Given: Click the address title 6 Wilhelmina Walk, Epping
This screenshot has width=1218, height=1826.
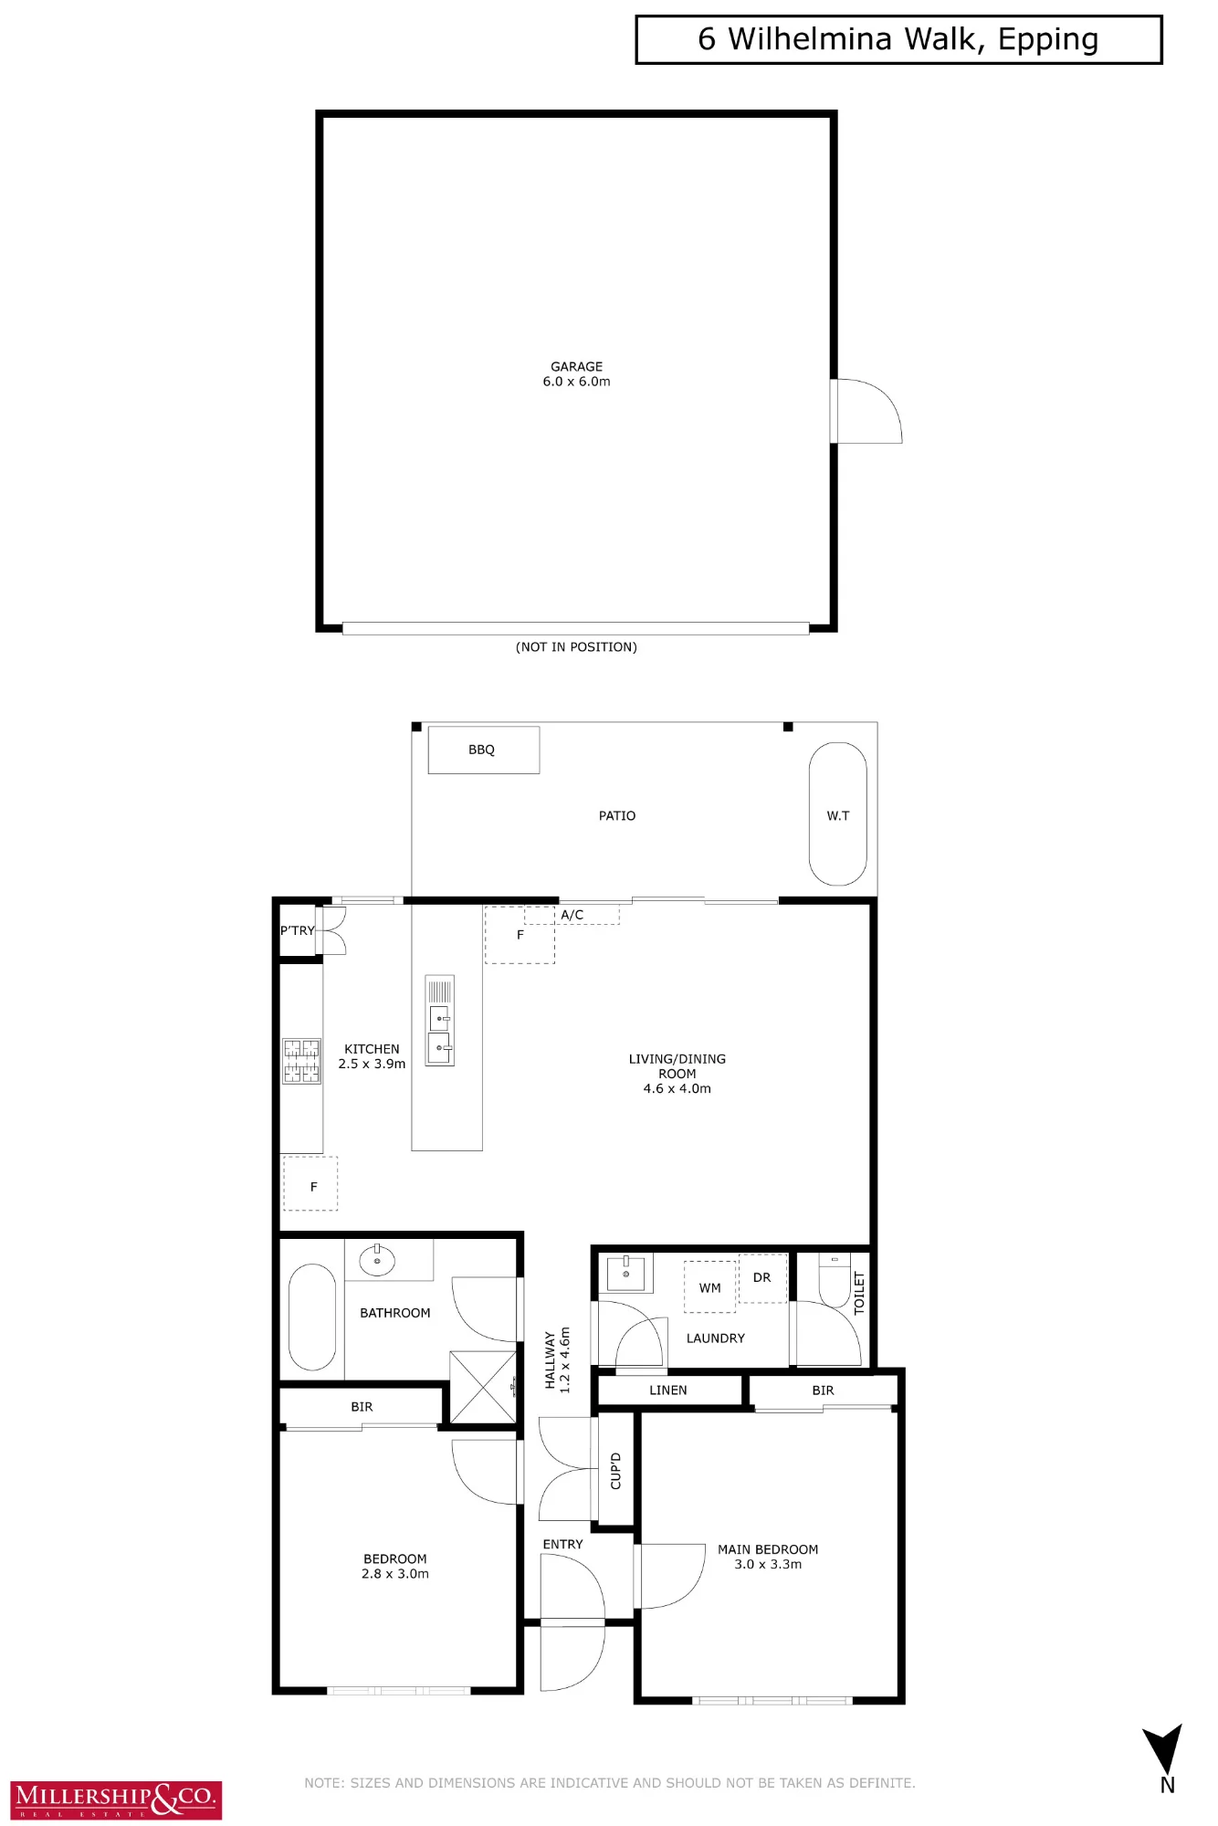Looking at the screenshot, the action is click(898, 39).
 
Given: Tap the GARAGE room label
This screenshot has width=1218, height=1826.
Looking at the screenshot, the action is click(576, 366).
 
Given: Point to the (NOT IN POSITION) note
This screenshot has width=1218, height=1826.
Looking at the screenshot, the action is click(576, 647).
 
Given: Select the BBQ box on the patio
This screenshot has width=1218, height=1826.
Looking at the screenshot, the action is click(484, 750).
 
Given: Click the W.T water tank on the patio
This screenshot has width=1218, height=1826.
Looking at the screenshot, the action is click(837, 814).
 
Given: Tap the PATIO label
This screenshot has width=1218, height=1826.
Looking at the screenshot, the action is click(617, 815).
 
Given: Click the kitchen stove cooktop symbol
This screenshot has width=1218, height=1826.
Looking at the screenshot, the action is click(301, 1061).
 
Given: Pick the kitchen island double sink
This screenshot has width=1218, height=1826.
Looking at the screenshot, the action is click(440, 1021).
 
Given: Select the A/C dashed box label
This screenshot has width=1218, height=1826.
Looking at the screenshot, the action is click(572, 915).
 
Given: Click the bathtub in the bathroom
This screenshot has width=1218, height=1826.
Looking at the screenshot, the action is click(312, 1317).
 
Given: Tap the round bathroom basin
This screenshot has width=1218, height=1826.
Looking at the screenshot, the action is click(377, 1261).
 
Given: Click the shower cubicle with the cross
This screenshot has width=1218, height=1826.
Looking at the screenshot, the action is click(484, 1387).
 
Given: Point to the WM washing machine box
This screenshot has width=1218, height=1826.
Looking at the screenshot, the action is click(710, 1287).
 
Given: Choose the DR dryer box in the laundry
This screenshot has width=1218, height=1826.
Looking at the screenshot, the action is click(762, 1277).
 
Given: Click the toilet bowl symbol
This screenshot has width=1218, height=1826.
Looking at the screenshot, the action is click(835, 1281).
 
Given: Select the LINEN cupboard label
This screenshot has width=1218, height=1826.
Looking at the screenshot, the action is click(668, 1390).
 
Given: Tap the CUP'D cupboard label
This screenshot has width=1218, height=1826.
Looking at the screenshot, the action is click(615, 1471).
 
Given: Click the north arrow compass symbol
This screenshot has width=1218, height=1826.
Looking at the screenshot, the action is click(1164, 1751).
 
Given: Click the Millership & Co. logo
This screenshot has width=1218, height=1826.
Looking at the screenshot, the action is click(116, 1800).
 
